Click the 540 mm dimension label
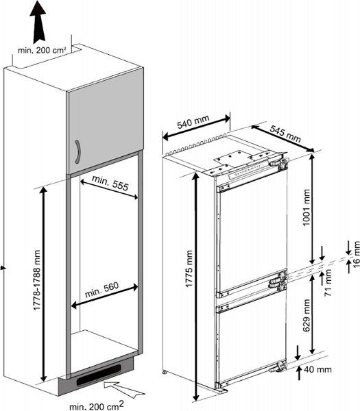[193, 122]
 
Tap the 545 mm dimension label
[285, 134]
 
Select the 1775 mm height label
[189, 269]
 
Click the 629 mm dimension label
[307, 315]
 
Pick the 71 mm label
[328, 283]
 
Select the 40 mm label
[317, 370]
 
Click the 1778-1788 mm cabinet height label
[37, 280]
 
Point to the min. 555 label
[110, 183]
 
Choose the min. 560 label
[102, 289]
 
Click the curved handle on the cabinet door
[77, 152]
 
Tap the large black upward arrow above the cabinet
[38, 23]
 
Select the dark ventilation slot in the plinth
[99, 375]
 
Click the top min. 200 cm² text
[42, 50]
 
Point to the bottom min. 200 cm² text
[96, 406]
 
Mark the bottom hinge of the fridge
[278, 366]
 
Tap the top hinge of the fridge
[278, 162]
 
